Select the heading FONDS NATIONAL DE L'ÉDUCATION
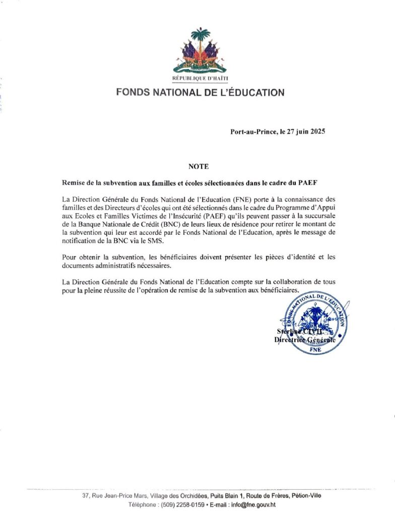[x=200, y=93]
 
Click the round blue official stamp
[x=312, y=323]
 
